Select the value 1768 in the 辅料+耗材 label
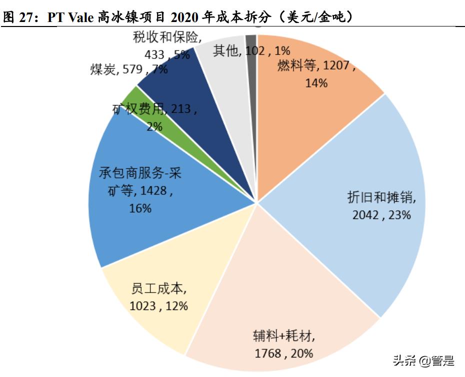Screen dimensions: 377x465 [268, 353]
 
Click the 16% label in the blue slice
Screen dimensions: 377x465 [140, 208]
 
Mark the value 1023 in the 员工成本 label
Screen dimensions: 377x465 [143, 305]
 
